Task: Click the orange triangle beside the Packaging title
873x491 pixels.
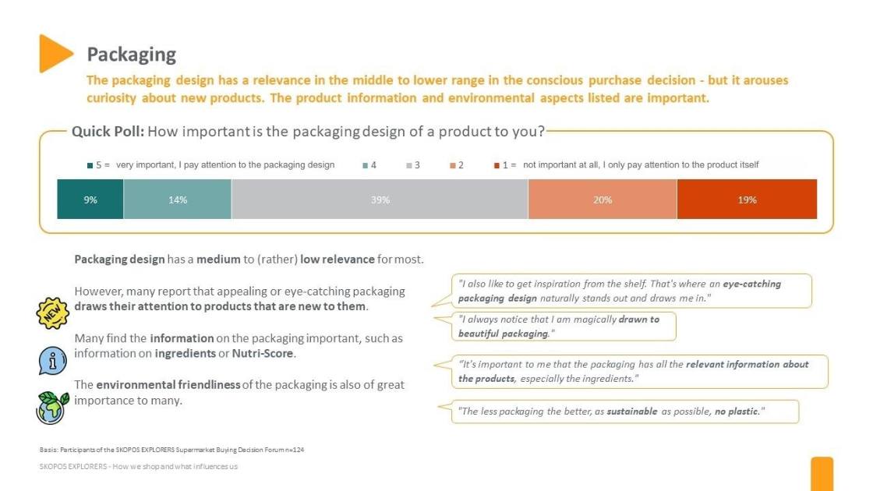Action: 55,53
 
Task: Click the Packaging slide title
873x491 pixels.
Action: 131,54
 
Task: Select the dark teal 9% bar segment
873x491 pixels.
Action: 90,200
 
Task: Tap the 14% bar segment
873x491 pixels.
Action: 178,200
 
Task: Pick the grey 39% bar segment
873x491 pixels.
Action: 380,200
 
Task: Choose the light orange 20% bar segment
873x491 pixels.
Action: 603,200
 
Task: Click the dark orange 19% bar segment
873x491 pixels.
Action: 747,200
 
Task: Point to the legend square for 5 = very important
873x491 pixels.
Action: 90,165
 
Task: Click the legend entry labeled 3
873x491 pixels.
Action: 413,165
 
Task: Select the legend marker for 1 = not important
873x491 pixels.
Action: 496,165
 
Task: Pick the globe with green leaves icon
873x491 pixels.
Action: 52,406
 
